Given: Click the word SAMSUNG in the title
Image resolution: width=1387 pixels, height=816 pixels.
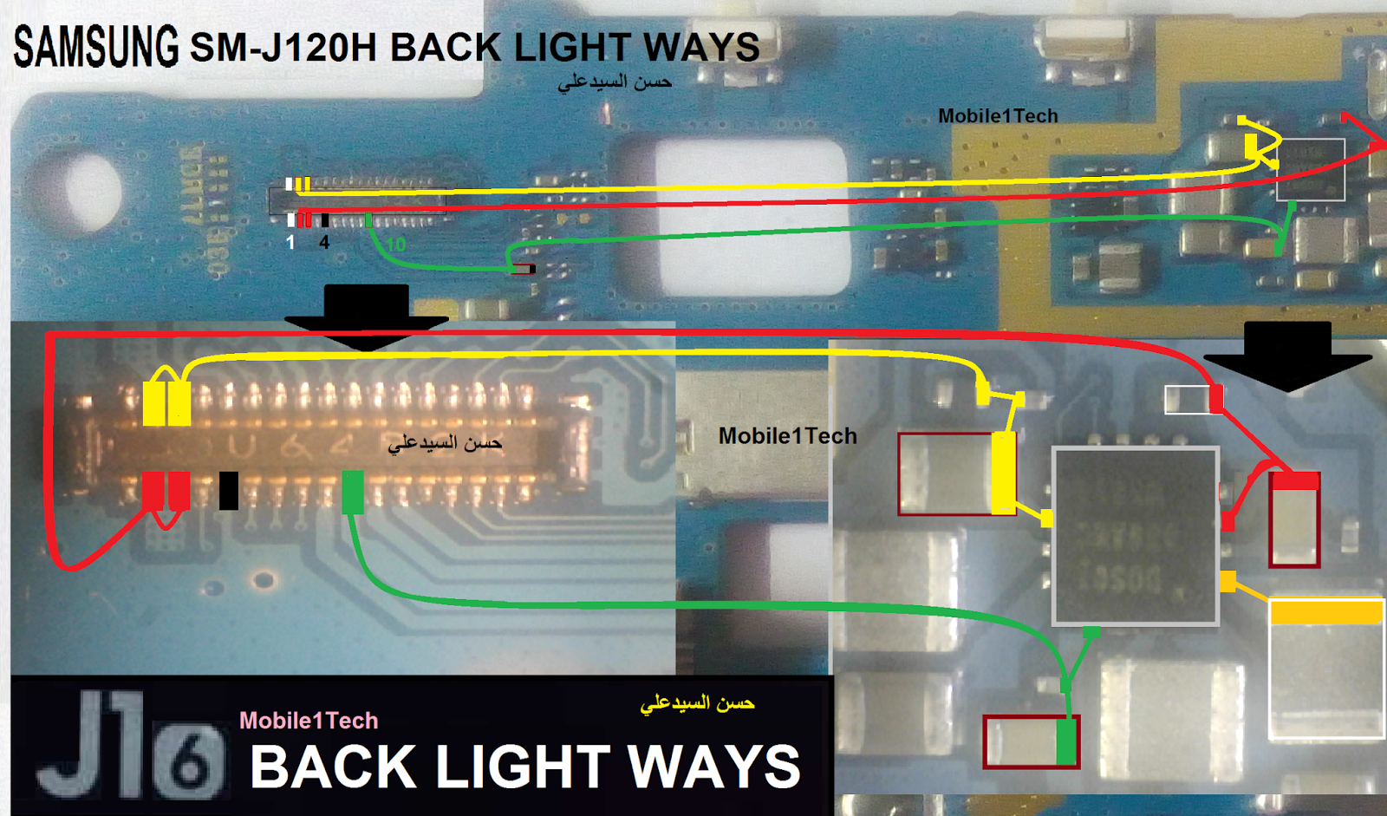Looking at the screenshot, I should coord(96,47).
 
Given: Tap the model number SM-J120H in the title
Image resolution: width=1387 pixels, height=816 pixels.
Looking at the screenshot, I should coord(283,49).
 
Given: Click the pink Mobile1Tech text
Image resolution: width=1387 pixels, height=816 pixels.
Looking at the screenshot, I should coord(309,721).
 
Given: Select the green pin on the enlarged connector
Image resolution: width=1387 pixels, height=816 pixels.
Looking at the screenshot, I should coord(353,492).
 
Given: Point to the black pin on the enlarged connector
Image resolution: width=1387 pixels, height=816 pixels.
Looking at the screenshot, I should coord(229,490).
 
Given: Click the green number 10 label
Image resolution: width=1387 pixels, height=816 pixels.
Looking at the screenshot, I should coord(395,245).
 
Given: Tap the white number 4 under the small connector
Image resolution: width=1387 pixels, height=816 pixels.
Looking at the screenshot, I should coord(324,243).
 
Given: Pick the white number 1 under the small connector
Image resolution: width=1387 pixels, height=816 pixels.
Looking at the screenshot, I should coord(290,243).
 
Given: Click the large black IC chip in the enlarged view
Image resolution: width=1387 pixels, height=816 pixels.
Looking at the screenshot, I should coord(1136,535).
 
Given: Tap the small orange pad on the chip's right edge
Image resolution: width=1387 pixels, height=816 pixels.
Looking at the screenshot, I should coord(1227,581).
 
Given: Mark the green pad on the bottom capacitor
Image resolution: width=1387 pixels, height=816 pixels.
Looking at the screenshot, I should coord(1067,741).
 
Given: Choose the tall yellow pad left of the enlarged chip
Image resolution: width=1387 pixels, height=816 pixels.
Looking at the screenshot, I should coord(1003,473).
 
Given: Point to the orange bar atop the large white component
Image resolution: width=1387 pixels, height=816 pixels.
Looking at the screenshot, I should coord(1325,613).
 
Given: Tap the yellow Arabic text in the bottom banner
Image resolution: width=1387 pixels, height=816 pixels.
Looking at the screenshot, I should coord(697,703).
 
